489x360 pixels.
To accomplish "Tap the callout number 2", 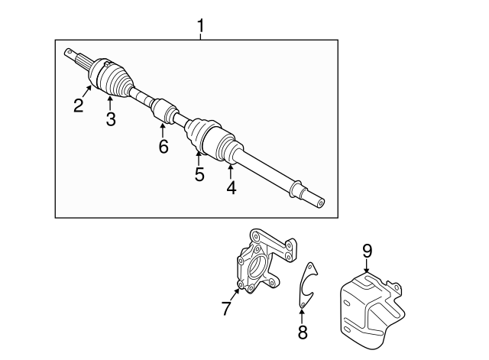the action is [x=79, y=105].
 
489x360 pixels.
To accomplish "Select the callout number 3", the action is [x=111, y=119].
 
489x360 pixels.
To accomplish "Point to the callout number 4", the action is [x=231, y=188].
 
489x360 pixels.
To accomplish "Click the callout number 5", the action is [x=199, y=174].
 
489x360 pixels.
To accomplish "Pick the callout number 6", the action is [x=164, y=146].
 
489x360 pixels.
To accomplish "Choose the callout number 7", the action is [x=226, y=308].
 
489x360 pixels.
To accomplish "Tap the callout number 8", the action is [x=303, y=332].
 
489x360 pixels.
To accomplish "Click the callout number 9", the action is [x=367, y=251].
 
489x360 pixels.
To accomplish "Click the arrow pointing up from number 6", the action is [x=163, y=131].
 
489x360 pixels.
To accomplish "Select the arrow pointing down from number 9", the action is [x=367, y=266].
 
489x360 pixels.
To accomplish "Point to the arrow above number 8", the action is [x=302, y=316].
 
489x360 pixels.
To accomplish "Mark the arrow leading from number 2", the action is [x=87, y=91].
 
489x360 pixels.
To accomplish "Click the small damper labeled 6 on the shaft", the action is [x=164, y=111].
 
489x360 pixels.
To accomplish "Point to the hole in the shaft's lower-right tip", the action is [x=321, y=203].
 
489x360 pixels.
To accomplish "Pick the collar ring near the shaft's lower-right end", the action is [x=296, y=189].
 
